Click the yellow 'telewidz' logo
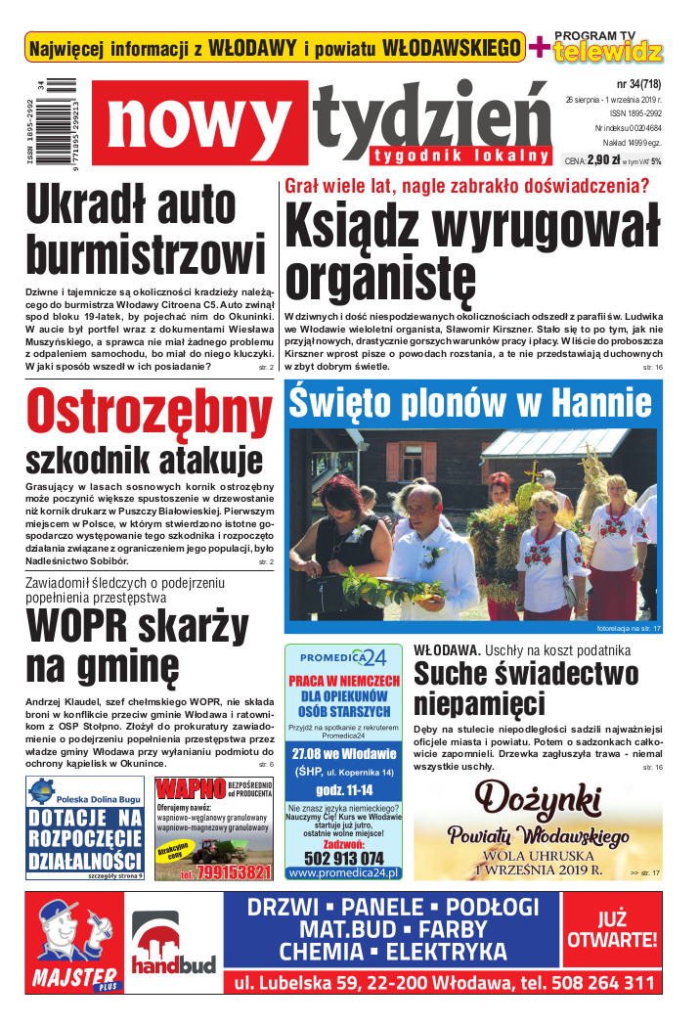click(x=607, y=52)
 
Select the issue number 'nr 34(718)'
click(x=635, y=84)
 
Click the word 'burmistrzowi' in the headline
click(x=146, y=253)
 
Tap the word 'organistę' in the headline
click(x=380, y=277)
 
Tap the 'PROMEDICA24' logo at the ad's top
click(x=341, y=656)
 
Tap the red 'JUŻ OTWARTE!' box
click(x=626, y=930)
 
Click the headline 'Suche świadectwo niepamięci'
click(x=497, y=689)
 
